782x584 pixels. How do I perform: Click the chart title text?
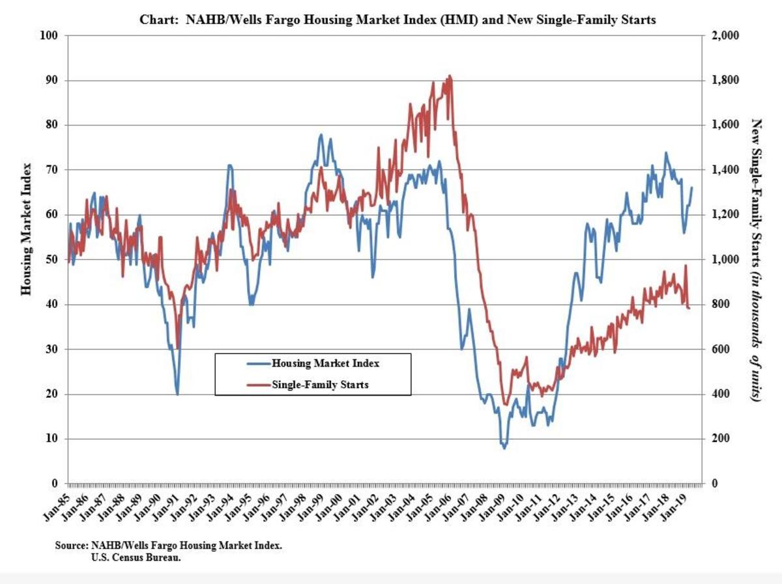[398, 20]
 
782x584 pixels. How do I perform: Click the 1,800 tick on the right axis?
[723, 80]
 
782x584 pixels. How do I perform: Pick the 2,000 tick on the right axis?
[723, 35]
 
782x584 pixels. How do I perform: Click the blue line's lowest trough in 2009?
[504, 448]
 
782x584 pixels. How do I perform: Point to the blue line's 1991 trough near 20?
[177, 394]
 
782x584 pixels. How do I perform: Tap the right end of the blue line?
[691, 188]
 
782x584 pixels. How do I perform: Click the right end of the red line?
[689, 308]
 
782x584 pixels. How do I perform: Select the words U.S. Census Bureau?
[136, 557]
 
